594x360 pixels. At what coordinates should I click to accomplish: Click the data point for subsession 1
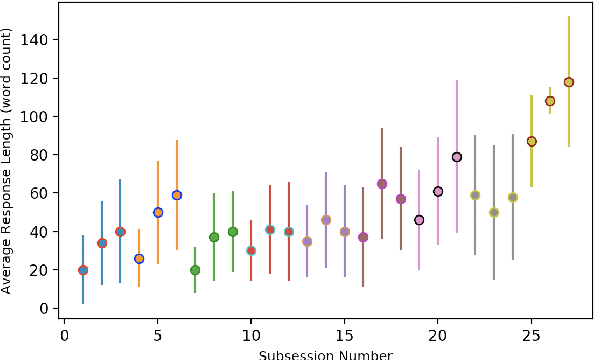click(x=83, y=270)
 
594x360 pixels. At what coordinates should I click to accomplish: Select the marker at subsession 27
click(x=569, y=82)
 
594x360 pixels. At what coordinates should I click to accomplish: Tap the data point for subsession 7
click(x=195, y=270)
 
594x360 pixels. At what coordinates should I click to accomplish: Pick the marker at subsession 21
click(x=457, y=157)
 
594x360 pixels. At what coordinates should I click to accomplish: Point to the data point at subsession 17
click(x=382, y=184)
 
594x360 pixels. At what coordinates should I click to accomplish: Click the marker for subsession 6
click(x=177, y=195)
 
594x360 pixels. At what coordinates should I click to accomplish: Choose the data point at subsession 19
click(x=419, y=220)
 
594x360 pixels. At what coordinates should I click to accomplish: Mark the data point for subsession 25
click(x=532, y=141)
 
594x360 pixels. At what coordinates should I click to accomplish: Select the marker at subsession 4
click(x=139, y=259)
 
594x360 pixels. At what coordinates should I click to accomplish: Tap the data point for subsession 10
click(x=251, y=251)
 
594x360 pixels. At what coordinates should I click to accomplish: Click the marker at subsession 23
click(x=494, y=212)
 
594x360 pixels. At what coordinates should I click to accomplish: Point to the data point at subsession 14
click(x=326, y=220)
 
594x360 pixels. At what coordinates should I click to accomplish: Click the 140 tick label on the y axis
click(x=41, y=40)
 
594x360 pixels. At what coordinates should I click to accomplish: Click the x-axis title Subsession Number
click(x=326, y=354)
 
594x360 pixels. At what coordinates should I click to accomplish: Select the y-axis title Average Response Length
click(x=8, y=161)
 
